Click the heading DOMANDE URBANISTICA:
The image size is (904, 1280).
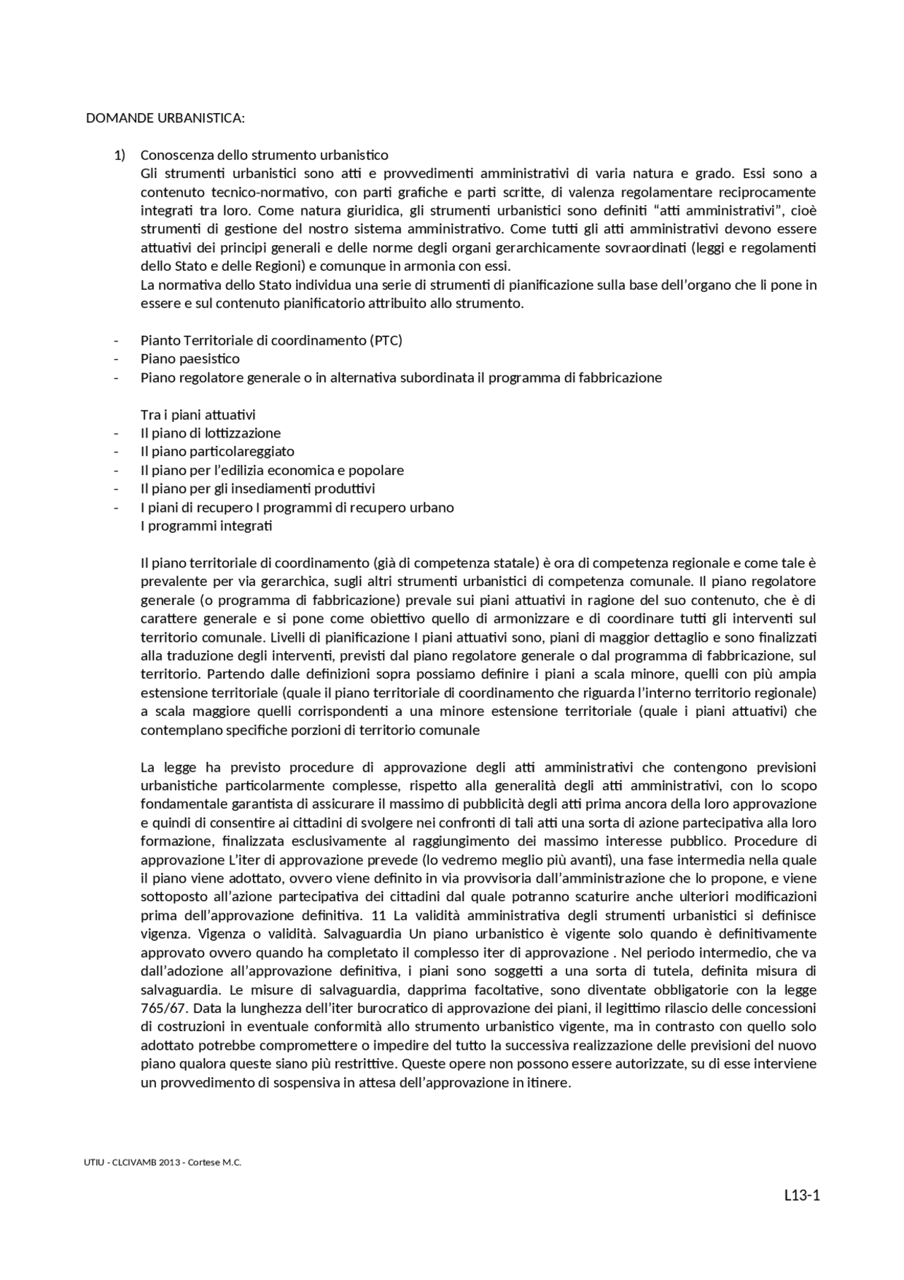[x=165, y=118]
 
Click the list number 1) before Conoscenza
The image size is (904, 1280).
[x=119, y=155]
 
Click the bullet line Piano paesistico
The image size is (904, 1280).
[x=190, y=358]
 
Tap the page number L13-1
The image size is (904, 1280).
[x=802, y=1196]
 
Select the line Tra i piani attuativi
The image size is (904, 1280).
[x=198, y=414]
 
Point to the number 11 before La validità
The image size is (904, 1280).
[x=377, y=915]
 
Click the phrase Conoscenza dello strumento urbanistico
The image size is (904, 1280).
[x=264, y=155]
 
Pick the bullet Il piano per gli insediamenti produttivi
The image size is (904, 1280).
[x=258, y=488]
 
